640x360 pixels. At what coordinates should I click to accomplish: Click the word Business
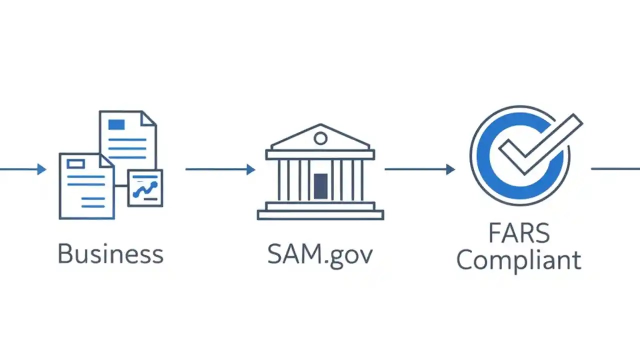pyautogui.click(x=110, y=253)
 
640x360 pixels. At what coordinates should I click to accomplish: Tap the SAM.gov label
pyautogui.click(x=320, y=254)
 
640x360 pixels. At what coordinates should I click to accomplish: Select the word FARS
pyautogui.click(x=519, y=233)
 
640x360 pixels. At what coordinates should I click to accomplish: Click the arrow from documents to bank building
pyautogui.click(x=220, y=169)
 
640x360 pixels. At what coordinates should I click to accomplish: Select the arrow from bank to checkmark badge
pyautogui.click(x=419, y=169)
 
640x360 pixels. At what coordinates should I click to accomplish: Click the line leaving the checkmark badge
pyautogui.click(x=615, y=169)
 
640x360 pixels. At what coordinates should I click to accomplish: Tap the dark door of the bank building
pyautogui.click(x=320, y=185)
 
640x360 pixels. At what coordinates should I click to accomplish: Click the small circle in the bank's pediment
pyautogui.click(x=320, y=138)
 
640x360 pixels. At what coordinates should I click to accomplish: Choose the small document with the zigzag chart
pyautogui.click(x=145, y=188)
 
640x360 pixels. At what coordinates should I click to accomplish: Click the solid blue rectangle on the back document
pyautogui.click(x=116, y=124)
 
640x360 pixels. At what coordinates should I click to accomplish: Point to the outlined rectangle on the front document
pyautogui.click(x=75, y=163)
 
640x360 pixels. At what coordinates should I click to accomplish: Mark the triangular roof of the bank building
pyautogui.click(x=320, y=138)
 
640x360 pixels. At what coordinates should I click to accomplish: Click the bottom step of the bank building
pyautogui.click(x=320, y=215)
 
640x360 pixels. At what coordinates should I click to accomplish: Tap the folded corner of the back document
pyautogui.click(x=149, y=118)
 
